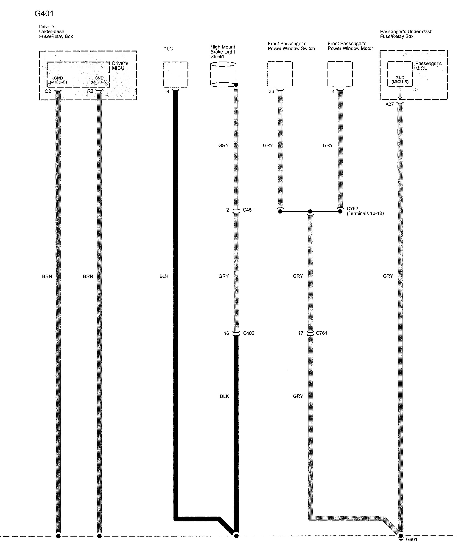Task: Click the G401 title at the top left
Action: point(44,14)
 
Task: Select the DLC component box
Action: point(175,74)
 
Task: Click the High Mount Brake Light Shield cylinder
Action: point(223,74)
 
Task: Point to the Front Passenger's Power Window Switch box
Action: point(280,74)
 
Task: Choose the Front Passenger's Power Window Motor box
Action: point(340,74)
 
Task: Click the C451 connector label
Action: point(248,210)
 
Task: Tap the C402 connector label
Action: point(249,333)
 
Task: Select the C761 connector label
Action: point(321,333)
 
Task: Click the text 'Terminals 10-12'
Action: point(365,213)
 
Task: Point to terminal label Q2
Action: point(48,91)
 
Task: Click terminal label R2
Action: point(90,91)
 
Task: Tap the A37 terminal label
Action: point(389,104)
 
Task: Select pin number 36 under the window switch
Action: point(271,92)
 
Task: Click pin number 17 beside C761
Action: point(301,333)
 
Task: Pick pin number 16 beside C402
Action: point(226,333)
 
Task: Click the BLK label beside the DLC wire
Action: point(164,276)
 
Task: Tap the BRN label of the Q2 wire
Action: point(47,276)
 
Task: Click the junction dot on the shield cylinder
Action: point(236,85)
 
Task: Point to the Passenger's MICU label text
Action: point(428,66)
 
